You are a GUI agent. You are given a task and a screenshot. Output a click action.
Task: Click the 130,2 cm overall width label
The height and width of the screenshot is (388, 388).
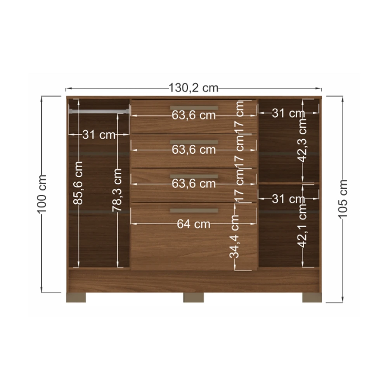[x=194, y=88]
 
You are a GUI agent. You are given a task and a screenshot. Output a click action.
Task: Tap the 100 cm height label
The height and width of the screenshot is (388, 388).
[x=42, y=194]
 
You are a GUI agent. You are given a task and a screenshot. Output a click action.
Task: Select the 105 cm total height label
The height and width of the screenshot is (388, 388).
[x=343, y=199]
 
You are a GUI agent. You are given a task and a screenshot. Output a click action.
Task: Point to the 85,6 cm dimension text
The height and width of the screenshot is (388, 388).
[x=78, y=183]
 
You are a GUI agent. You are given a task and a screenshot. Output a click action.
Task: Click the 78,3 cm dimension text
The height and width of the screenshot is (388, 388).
[x=117, y=190]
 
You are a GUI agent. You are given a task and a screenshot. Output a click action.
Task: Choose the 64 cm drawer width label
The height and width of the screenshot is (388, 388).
[x=194, y=224]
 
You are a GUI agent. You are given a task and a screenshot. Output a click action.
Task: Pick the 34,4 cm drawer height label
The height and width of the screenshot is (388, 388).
[x=234, y=236]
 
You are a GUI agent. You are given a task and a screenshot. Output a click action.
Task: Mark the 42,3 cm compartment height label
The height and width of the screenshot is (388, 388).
[x=302, y=140]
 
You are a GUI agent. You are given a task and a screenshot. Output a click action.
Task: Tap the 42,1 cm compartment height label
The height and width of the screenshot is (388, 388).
[x=302, y=226]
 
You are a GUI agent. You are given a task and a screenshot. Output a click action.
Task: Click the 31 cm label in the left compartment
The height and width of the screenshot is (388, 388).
[x=99, y=135]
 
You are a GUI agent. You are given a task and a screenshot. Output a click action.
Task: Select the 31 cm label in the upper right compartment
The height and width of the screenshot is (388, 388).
[x=288, y=113]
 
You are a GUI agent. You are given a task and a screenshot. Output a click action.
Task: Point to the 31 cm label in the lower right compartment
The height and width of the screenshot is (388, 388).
[x=288, y=199]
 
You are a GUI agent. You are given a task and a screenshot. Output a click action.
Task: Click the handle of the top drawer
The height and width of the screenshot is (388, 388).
[x=194, y=108]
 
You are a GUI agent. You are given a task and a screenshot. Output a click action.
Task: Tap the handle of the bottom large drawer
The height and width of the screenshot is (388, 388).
[x=194, y=211]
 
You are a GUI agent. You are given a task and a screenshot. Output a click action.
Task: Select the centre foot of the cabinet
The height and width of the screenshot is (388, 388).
[x=194, y=298]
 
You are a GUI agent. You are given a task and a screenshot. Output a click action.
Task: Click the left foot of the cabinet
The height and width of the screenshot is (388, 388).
[x=76, y=298]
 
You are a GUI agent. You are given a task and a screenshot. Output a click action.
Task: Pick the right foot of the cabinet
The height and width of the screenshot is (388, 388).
[x=312, y=298]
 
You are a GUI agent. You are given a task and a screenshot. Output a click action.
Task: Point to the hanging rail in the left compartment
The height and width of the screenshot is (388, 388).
[x=99, y=111]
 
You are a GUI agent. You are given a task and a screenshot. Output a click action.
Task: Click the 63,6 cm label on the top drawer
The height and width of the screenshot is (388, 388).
[x=194, y=115]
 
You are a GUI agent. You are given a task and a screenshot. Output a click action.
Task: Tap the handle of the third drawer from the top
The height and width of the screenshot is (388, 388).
[x=194, y=177]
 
